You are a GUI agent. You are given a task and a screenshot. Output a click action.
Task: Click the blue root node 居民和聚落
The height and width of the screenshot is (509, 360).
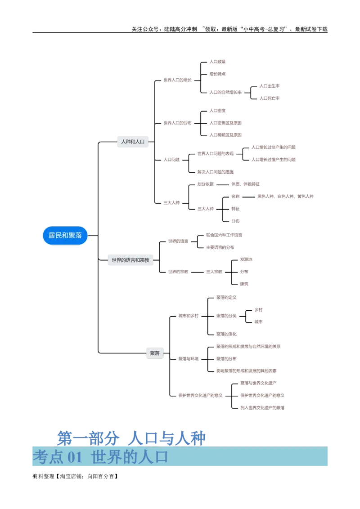point(65,235)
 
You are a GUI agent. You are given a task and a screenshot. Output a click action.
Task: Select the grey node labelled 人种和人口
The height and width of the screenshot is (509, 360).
point(133,142)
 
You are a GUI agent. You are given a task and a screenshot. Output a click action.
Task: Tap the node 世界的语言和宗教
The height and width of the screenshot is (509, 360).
point(130,260)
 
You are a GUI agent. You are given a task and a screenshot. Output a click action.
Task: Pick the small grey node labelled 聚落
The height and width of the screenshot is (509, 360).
point(155,353)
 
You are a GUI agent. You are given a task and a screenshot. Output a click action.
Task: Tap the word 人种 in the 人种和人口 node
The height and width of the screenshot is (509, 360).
point(126,142)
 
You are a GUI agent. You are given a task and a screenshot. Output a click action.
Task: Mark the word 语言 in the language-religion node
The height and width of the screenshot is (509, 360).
point(130,260)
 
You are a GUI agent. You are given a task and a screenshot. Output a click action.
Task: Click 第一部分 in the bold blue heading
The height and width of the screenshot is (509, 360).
point(88,438)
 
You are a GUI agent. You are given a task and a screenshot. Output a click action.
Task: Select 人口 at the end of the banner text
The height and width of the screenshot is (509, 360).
point(153,457)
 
